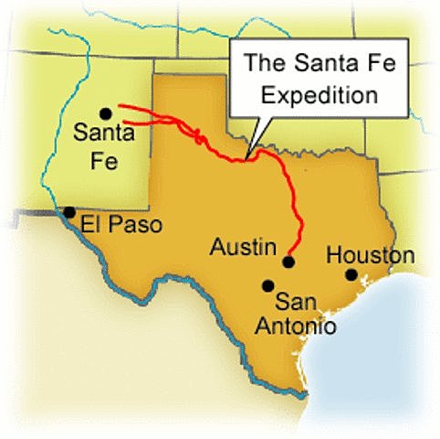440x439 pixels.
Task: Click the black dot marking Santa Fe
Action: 106,113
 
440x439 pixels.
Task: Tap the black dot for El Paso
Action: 68,211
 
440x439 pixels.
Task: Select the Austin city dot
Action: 288,262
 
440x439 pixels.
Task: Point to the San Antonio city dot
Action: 267,285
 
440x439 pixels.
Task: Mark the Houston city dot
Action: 351,273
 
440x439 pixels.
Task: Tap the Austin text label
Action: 242,247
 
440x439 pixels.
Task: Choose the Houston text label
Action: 370,255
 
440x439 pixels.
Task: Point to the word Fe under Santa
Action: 104,155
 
